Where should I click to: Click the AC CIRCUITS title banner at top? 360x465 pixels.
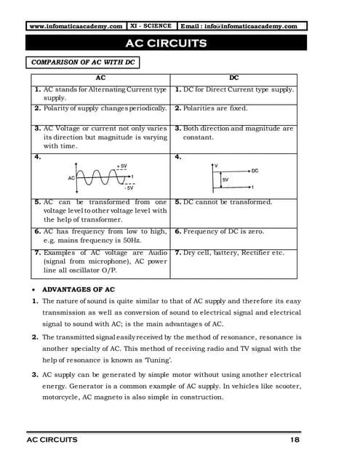click(167, 43)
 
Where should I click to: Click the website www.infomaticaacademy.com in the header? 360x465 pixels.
click(76, 26)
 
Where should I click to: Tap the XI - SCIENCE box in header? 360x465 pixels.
click(151, 26)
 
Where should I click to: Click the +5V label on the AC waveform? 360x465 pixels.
click(122, 166)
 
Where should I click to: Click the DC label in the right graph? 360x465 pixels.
click(255, 171)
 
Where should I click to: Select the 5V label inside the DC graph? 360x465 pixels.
click(225, 179)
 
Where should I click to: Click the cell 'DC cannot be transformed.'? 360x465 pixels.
click(228, 201)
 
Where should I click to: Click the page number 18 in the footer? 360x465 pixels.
click(295, 440)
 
